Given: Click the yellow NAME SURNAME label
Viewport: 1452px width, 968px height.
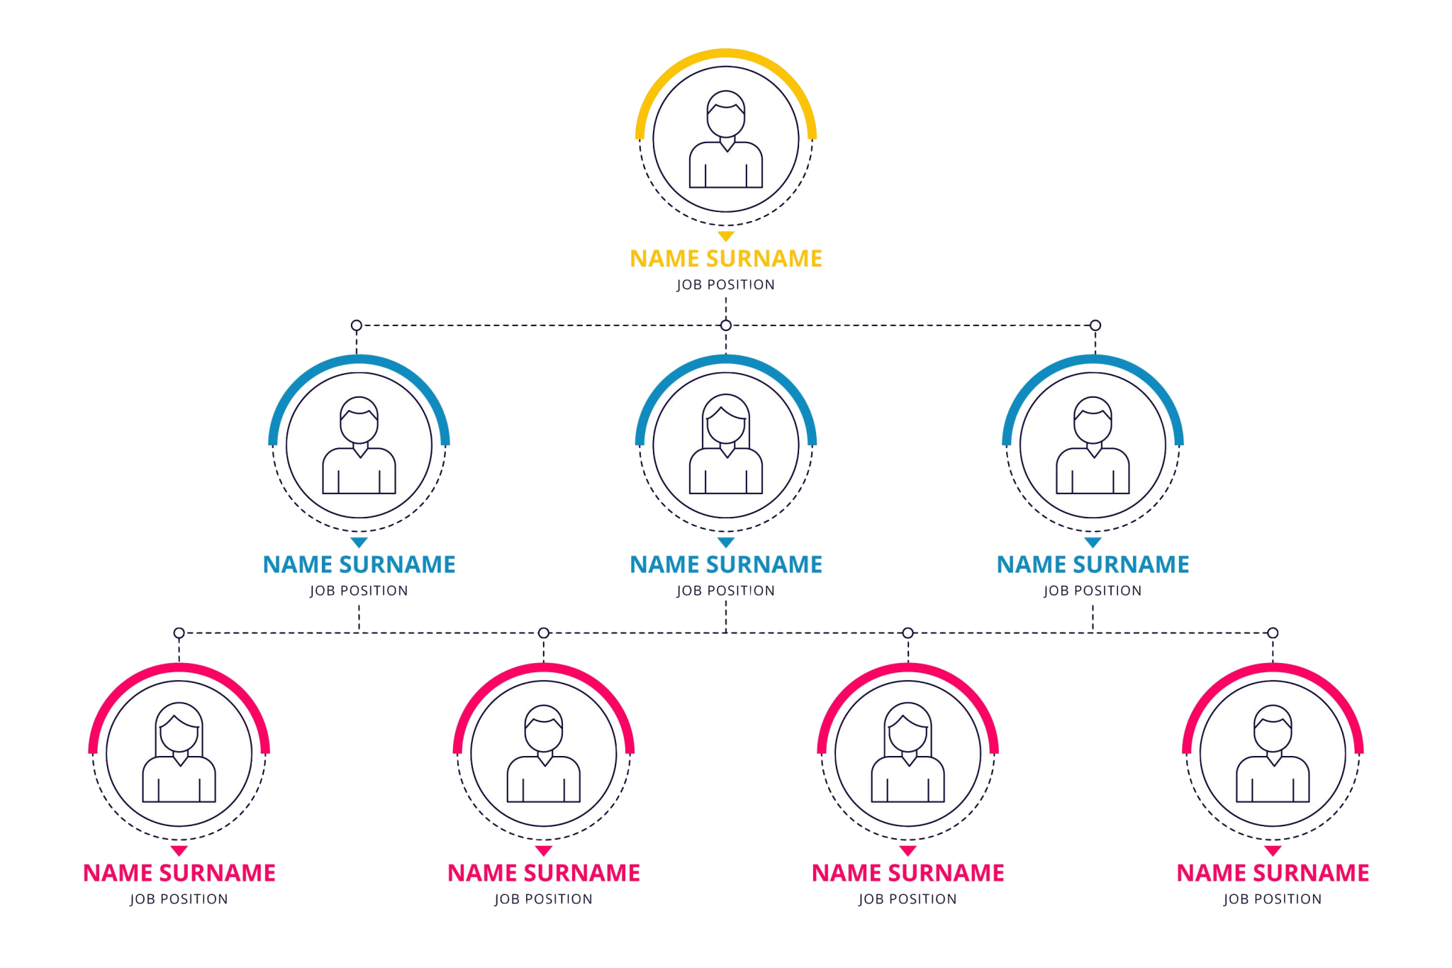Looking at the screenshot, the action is (x=726, y=258).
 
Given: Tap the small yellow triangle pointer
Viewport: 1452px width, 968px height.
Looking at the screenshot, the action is (x=726, y=236).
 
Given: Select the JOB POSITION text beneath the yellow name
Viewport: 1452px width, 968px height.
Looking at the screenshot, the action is (x=726, y=284).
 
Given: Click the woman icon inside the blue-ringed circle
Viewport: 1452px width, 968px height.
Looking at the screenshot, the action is (x=726, y=444).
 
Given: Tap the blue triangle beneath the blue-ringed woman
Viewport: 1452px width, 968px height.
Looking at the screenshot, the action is (x=726, y=543).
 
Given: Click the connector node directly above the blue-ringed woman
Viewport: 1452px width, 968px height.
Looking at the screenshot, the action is (x=726, y=326).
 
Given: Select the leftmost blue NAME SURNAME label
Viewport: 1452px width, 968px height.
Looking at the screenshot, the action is (x=359, y=564).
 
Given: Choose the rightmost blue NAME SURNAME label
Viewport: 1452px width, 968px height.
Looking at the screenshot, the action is (x=1093, y=564).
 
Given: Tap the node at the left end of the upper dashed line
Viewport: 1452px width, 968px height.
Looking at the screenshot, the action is (x=357, y=326).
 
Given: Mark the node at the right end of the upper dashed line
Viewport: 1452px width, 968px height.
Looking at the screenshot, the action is (x=1095, y=326).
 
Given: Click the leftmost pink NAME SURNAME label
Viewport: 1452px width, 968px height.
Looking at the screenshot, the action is (x=179, y=873).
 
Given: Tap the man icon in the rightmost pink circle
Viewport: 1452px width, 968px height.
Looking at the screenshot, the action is (x=1273, y=753).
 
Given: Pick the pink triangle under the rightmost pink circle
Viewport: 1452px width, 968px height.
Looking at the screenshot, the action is (x=1273, y=851).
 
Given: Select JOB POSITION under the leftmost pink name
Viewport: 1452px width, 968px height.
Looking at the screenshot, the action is (x=179, y=899).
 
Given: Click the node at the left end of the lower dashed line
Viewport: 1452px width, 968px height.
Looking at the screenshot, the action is (x=179, y=633).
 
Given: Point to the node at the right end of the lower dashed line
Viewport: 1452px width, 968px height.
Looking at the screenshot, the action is (x=1273, y=633).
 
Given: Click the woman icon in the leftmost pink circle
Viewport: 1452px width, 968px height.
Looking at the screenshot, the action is (x=179, y=752).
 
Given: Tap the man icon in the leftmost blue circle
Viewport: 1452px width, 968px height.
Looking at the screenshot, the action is (x=359, y=445).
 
